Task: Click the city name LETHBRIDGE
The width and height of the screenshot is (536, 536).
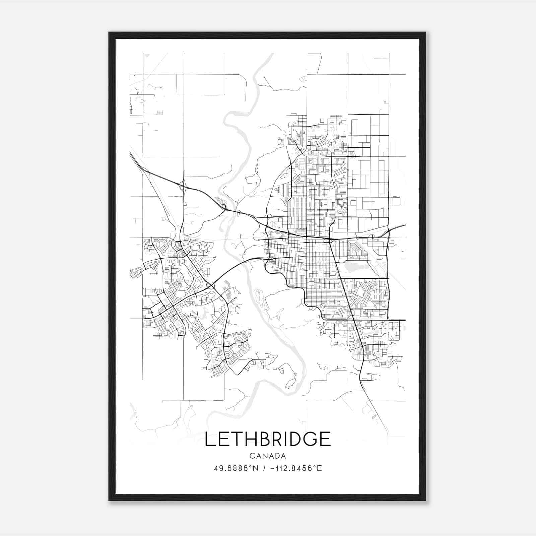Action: point(268,439)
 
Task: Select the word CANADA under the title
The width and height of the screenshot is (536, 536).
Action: point(268,456)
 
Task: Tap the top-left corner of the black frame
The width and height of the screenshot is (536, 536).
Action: point(109,32)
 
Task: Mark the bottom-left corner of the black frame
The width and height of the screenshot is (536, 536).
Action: point(109,500)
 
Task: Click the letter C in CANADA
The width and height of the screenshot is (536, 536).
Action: point(252,456)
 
